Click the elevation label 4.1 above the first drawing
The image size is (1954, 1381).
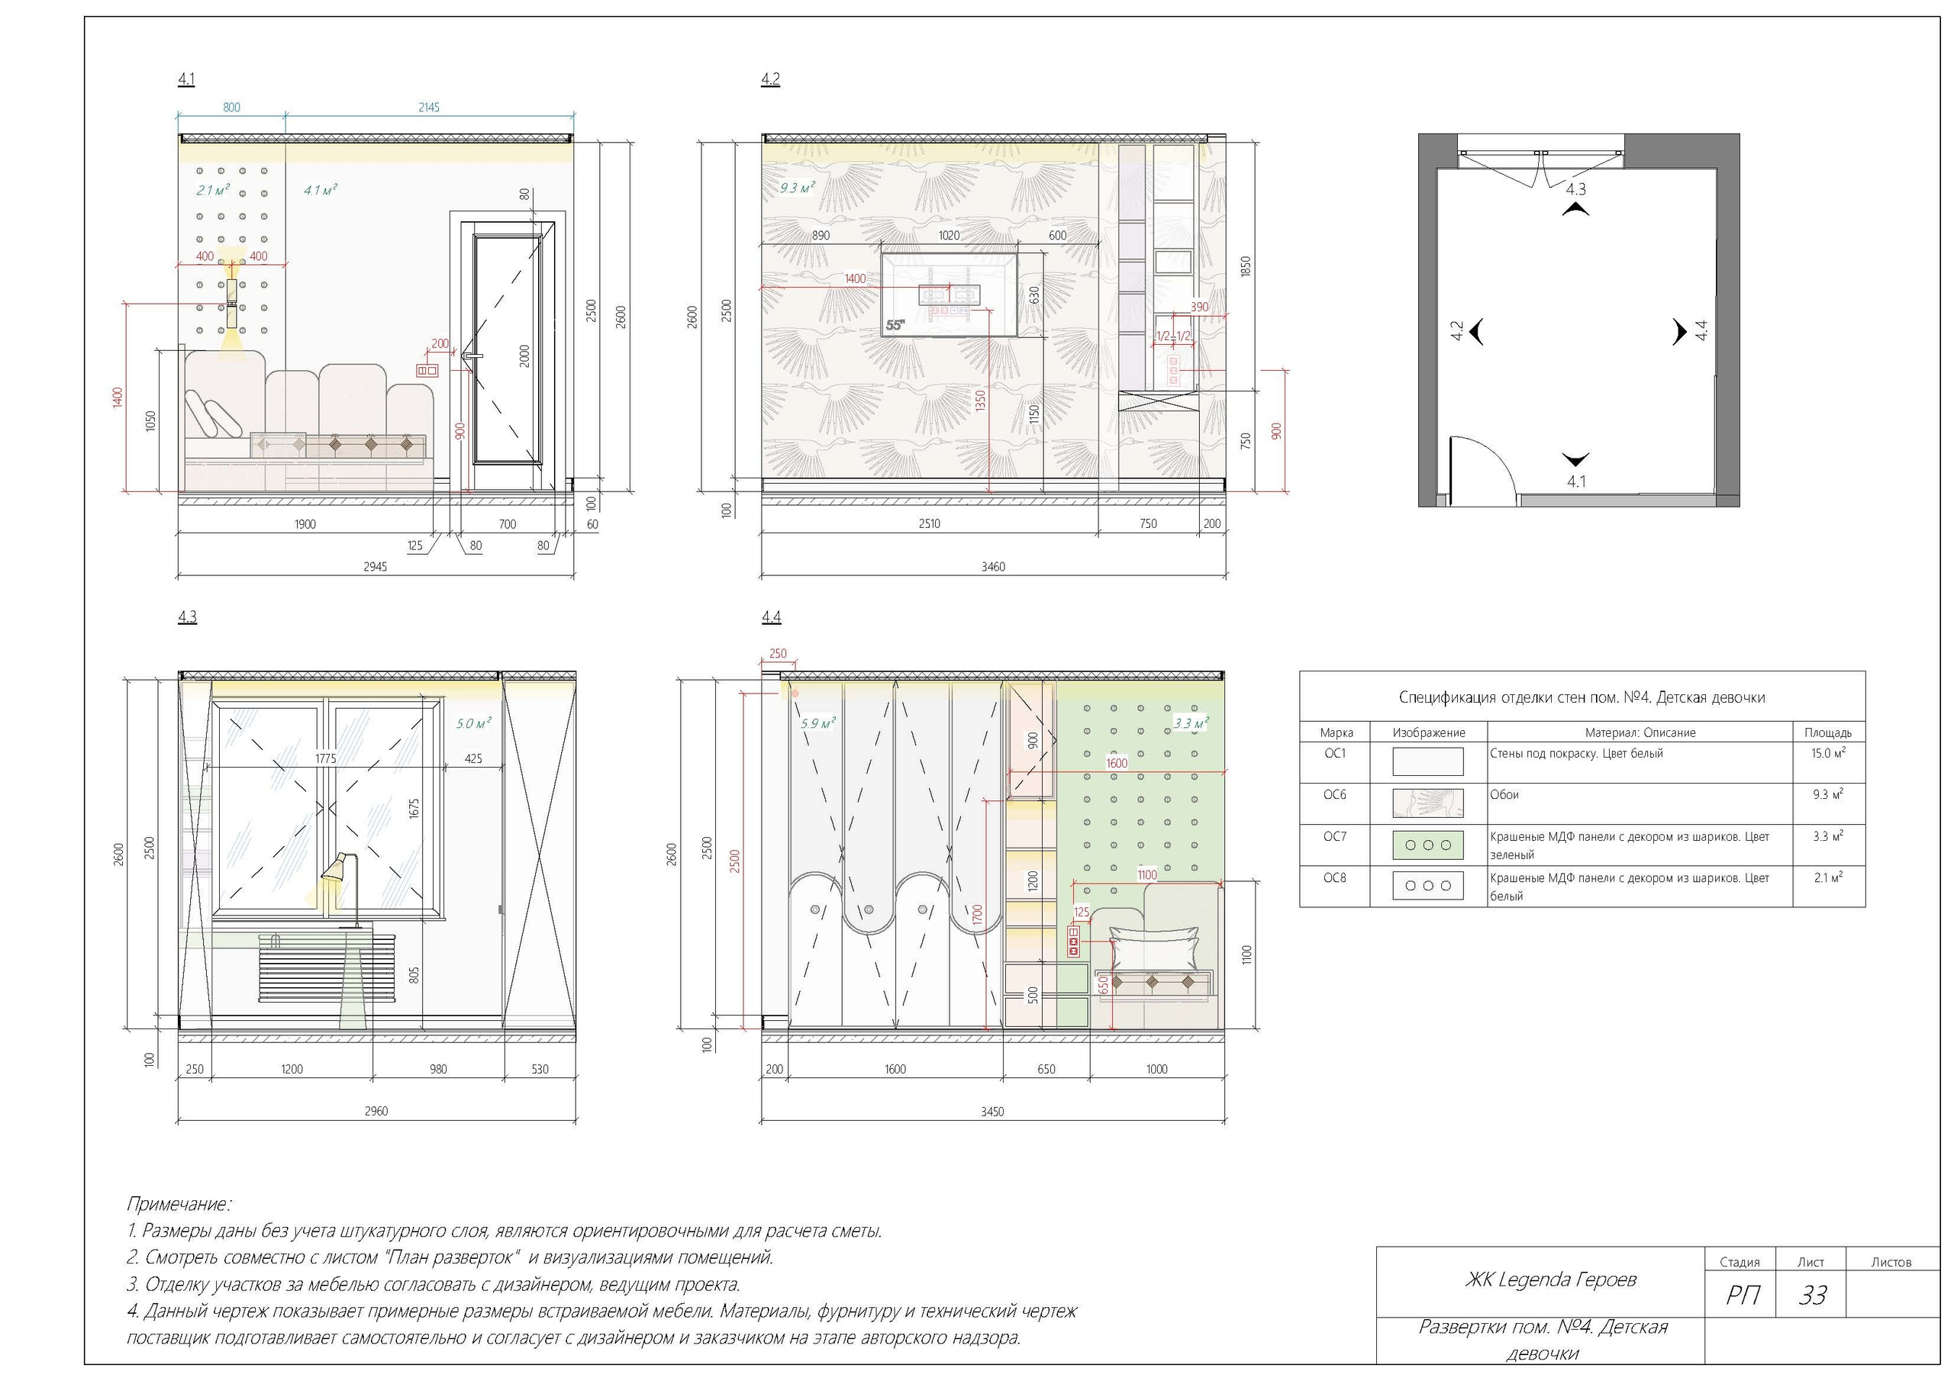[186, 79]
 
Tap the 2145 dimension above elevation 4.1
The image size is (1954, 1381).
[429, 108]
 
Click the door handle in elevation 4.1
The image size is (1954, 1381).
[472, 356]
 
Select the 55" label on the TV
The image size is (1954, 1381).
[895, 325]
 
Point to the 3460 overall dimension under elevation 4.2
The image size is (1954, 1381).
[993, 567]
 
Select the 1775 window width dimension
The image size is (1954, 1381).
[325, 758]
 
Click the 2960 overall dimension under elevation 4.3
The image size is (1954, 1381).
[376, 1111]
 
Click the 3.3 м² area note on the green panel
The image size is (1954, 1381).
[1191, 723]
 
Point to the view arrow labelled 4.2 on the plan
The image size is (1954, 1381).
[1475, 331]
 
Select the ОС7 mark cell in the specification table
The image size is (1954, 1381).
[1334, 836]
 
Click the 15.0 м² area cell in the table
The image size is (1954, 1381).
[1827, 753]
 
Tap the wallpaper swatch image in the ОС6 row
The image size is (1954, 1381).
[1428, 803]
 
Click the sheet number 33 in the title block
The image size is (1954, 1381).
[1813, 1295]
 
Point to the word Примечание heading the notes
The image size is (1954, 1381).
[179, 1204]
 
